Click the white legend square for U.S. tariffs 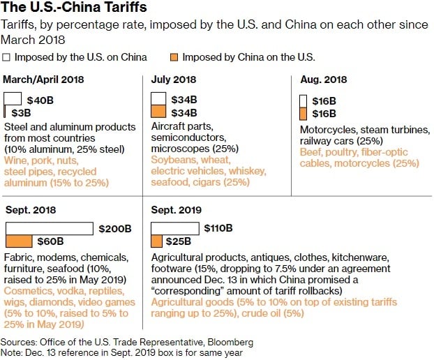7,57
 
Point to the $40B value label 40,100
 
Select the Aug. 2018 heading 323,80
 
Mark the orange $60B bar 19,241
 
